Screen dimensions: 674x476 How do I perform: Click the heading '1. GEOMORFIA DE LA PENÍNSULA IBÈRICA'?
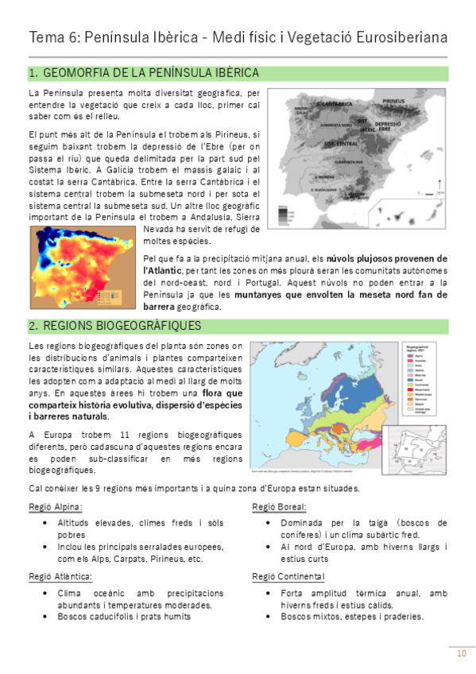[x=143, y=73]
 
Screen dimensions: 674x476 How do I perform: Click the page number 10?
[x=461, y=653]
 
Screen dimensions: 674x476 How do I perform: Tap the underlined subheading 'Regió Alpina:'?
[x=55, y=507]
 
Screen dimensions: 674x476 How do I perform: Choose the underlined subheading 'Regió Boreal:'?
[x=279, y=507]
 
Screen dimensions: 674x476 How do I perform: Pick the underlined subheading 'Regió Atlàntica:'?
[x=60, y=576]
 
